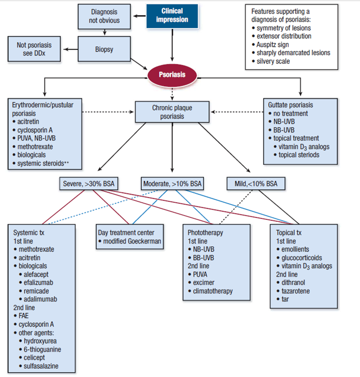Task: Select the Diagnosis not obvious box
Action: (104, 16)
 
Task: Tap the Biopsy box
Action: (104, 49)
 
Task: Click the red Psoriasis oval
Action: (172, 75)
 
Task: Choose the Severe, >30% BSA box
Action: (90, 184)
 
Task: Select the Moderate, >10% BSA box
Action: (172, 184)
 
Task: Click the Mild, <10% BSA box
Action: (256, 184)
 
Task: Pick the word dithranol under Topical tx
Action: (294, 283)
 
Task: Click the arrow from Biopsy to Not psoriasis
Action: (72, 49)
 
